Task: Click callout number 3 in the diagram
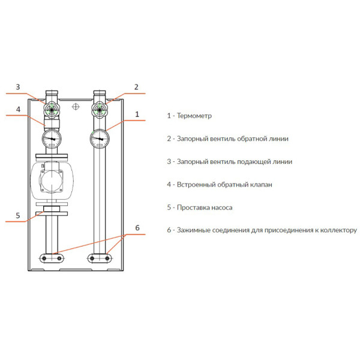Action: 18,87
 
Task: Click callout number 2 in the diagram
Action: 136,87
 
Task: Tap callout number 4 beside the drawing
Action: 19,109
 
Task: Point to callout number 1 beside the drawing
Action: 137,114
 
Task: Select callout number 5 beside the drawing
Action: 18,215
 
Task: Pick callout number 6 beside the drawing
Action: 137,228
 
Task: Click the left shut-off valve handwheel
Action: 52,110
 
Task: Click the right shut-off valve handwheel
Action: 100,110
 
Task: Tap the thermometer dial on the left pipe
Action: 52,139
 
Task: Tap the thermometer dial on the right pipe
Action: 100,139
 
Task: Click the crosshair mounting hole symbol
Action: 76,107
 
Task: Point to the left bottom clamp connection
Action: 52,258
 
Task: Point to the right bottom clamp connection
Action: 100,258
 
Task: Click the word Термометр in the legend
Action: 194,116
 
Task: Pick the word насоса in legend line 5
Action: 222,208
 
